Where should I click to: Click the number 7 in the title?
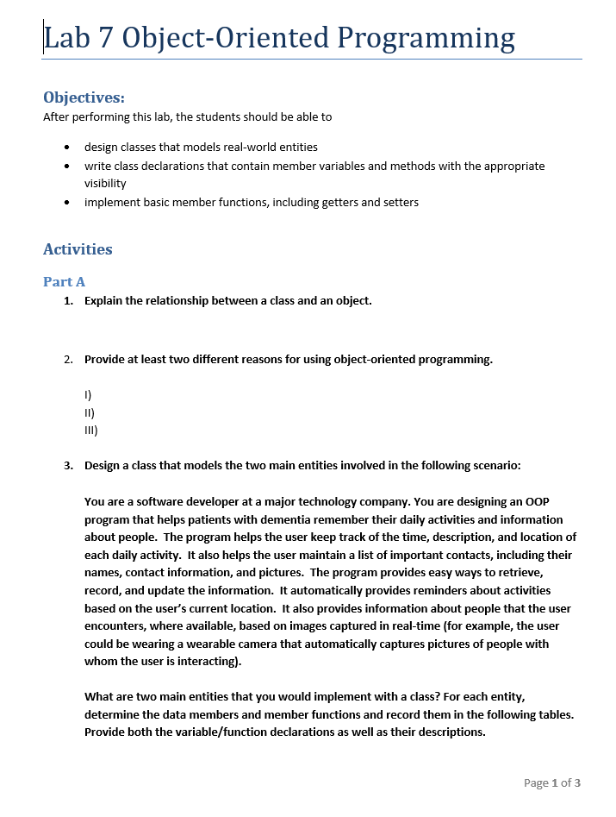[x=108, y=37]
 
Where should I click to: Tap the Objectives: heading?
[x=84, y=97]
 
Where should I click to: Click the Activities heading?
[x=78, y=249]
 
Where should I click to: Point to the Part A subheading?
[x=64, y=281]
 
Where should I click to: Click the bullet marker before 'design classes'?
[x=67, y=148]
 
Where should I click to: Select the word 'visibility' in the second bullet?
[x=105, y=183]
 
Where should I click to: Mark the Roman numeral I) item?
[x=87, y=395]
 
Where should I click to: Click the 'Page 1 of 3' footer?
[x=551, y=782]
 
